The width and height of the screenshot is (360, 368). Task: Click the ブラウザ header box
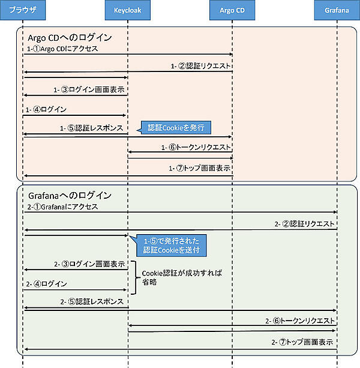[x=23, y=10]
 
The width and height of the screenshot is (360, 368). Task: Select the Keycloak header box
[x=128, y=10]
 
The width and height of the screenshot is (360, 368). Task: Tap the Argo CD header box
[x=232, y=10]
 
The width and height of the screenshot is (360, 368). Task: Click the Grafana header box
[x=337, y=10]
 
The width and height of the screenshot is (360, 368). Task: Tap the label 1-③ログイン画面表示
[x=89, y=90]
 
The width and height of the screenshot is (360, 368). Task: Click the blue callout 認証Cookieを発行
[x=175, y=127]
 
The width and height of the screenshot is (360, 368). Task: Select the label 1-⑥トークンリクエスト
[x=196, y=147]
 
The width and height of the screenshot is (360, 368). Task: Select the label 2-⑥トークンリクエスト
[x=299, y=321]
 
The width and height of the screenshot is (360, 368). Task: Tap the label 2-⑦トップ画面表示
[x=303, y=342]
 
